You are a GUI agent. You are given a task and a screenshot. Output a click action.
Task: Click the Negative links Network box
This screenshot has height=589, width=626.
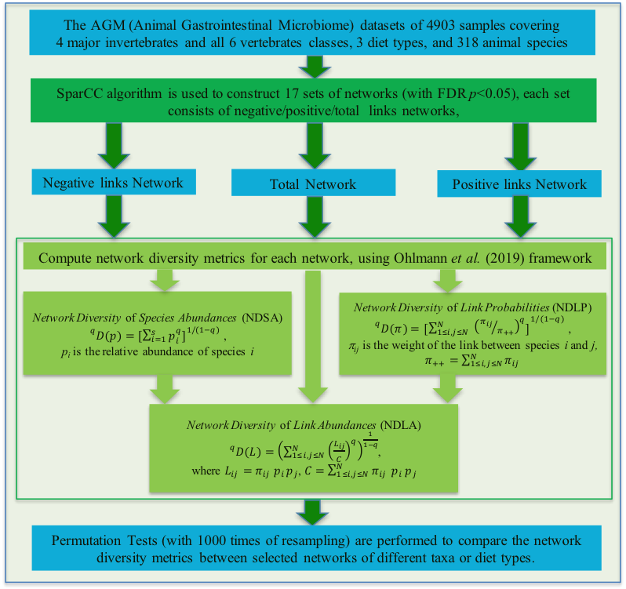pyautogui.click(x=113, y=183)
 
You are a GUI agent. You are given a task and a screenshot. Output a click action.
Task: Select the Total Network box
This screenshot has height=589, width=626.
pyautogui.click(x=312, y=184)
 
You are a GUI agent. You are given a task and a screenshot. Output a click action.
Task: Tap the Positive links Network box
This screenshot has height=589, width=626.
pyautogui.click(x=519, y=184)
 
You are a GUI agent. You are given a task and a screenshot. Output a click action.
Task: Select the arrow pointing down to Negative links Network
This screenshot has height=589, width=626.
pyautogui.click(x=113, y=147)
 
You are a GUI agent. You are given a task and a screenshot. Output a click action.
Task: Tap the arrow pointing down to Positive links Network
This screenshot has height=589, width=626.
pyautogui.click(x=519, y=147)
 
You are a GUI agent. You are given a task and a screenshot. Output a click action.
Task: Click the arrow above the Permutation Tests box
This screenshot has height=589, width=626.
pyautogui.click(x=312, y=514)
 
